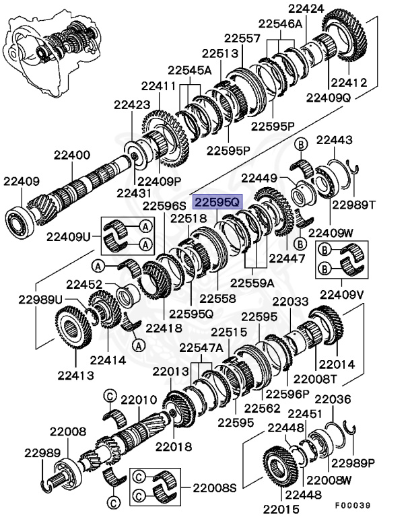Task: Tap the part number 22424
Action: [x=306, y=9]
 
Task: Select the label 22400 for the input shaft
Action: [x=68, y=156]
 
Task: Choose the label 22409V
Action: [x=341, y=294]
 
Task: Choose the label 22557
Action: [x=242, y=39]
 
